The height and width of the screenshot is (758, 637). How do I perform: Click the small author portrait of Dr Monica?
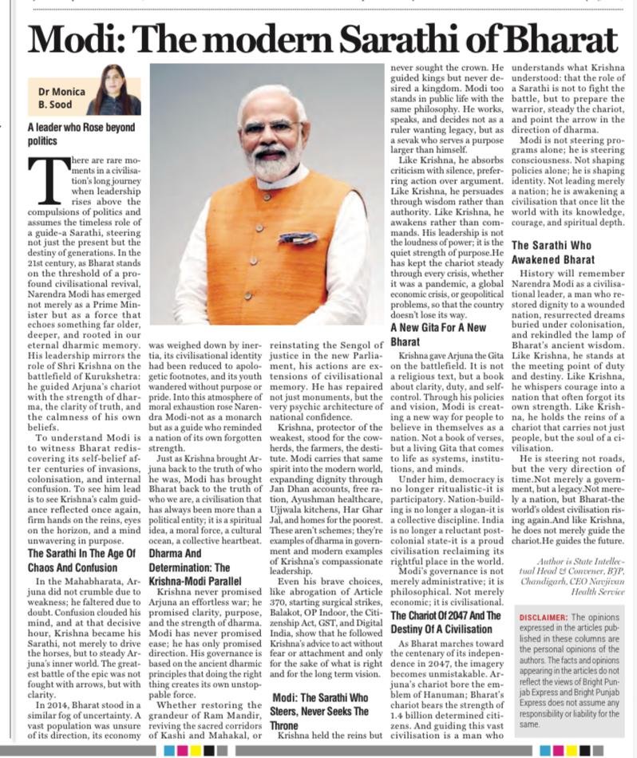point(113,89)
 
